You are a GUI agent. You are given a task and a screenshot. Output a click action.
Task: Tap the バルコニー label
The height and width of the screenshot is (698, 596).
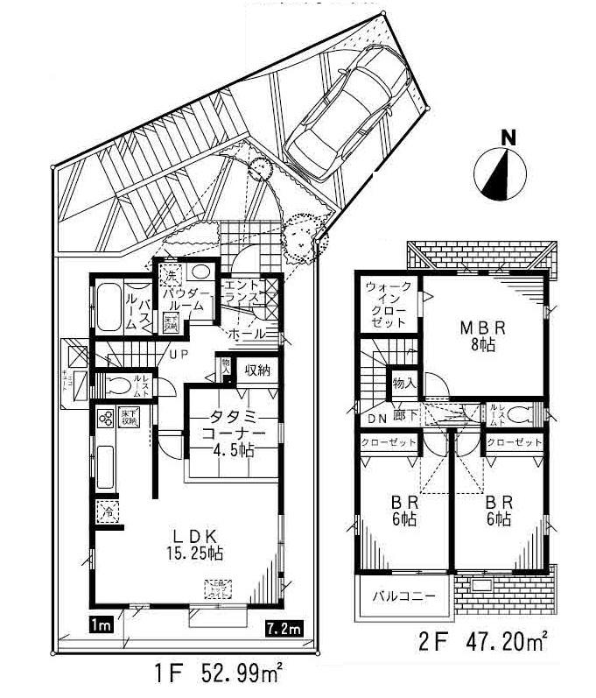point(399,596)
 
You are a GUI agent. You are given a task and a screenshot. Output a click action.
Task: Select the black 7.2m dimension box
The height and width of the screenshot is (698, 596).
point(285,627)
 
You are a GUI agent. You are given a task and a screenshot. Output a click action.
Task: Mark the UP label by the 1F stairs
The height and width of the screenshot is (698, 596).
point(179,354)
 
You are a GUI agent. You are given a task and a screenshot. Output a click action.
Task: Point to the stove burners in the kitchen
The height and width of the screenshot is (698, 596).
point(105,420)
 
